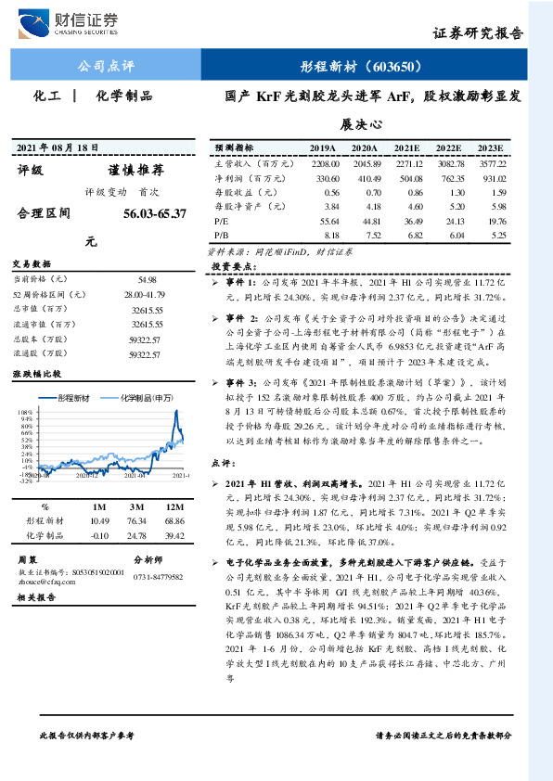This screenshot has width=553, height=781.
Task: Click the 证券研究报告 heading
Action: click(x=478, y=32)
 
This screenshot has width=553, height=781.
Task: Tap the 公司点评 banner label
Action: click(x=105, y=67)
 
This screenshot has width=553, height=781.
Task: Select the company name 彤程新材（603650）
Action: click(x=361, y=67)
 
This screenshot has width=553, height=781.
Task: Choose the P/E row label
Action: click(x=223, y=222)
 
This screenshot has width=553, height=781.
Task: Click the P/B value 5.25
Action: click(x=496, y=236)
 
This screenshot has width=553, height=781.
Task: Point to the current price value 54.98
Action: click(x=148, y=279)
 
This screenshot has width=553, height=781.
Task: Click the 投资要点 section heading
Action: click(x=231, y=265)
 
